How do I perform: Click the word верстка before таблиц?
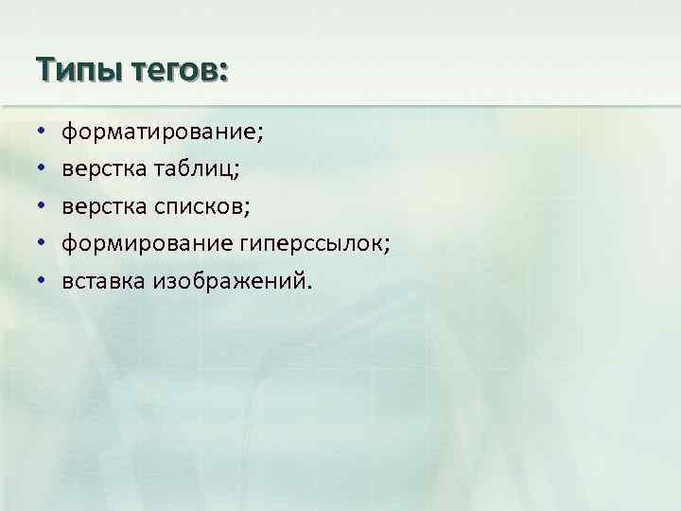pyautogui.click(x=101, y=169)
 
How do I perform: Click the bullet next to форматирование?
pyautogui.click(x=43, y=133)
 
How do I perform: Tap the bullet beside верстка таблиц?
pyautogui.click(x=43, y=170)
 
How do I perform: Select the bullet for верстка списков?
pyautogui.click(x=43, y=207)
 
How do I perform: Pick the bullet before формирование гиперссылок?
pyautogui.click(x=43, y=244)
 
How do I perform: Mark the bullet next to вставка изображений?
pyautogui.click(x=43, y=281)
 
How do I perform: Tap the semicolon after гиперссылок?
pyautogui.click(x=386, y=247)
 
